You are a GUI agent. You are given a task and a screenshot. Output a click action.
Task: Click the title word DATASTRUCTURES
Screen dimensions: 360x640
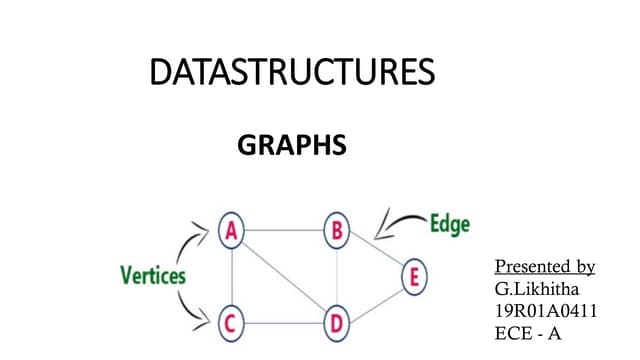(292, 73)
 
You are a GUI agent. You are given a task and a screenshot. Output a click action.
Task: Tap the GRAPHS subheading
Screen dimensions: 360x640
(292, 147)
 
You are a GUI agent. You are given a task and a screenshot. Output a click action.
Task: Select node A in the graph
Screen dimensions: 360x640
(232, 231)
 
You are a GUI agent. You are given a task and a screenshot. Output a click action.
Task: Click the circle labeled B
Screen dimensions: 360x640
(337, 231)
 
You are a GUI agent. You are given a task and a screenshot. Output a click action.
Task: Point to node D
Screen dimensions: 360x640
(337, 323)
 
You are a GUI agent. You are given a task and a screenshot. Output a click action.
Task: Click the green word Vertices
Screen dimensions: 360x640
(153, 274)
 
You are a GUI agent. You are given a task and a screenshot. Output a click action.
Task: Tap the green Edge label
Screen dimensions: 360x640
(449, 224)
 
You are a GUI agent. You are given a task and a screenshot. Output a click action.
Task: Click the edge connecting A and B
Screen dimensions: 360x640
(284, 231)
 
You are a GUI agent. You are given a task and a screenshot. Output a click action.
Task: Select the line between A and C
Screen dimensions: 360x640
(232, 277)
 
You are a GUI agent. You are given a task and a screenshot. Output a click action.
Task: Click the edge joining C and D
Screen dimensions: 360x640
(284, 323)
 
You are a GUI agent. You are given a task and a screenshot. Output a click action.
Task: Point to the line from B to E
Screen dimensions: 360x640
(377, 253)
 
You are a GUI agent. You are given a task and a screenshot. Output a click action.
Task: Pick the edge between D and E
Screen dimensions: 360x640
(377, 299)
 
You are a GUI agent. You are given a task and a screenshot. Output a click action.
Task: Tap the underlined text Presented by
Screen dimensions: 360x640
(545, 267)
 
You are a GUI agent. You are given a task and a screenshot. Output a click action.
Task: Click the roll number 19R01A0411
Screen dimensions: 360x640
(546, 310)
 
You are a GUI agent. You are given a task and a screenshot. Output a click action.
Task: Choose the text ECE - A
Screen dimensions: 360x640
(529, 332)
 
